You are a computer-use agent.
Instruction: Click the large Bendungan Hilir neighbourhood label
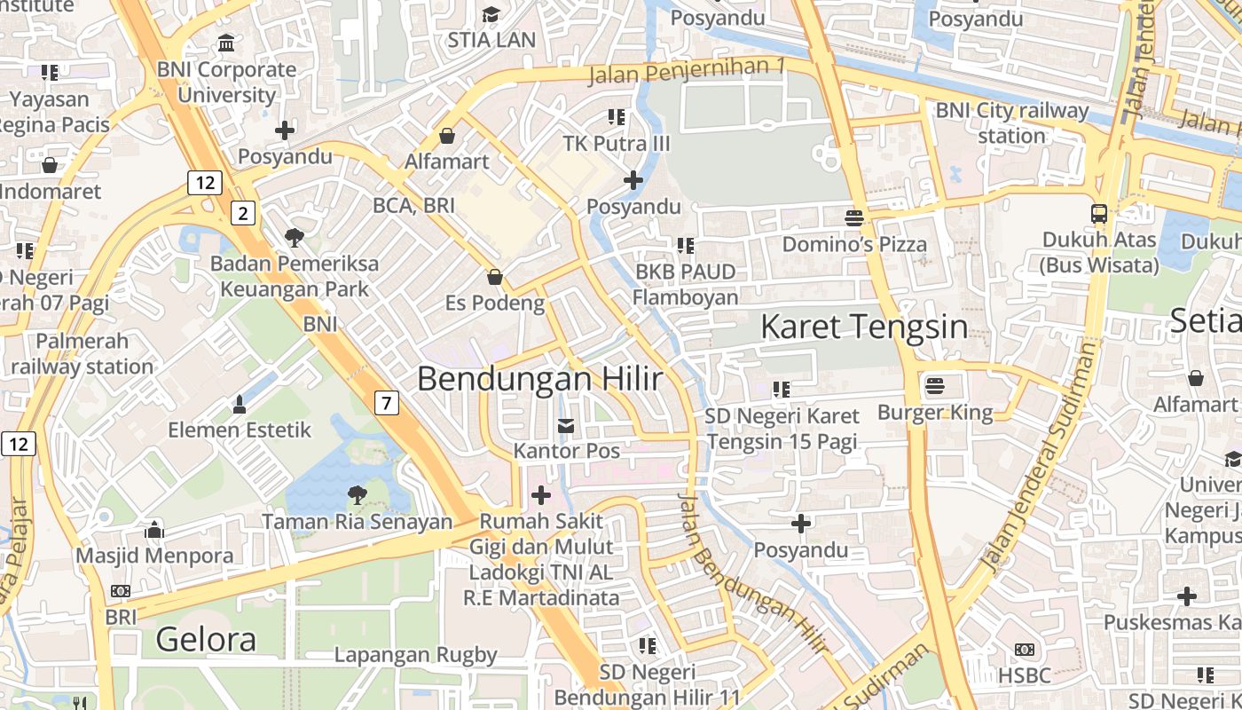coord(539,379)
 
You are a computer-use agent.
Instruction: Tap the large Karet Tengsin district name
coord(863,327)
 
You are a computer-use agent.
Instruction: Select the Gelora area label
coord(206,639)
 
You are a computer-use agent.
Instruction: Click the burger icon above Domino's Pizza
coord(854,217)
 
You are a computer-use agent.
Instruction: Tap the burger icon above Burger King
coord(934,386)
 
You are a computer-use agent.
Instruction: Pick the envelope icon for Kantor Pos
coord(566,426)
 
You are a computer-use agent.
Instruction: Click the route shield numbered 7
coord(386,403)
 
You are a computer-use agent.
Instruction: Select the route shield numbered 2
coord(243,212)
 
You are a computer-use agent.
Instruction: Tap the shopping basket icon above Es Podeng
coord(495,278)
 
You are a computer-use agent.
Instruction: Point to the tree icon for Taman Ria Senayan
coord(357,494)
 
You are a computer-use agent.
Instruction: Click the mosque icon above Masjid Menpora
coord(154,530)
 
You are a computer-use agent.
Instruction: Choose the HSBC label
coord(1024,675)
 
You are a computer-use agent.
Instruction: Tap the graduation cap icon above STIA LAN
coord(491,14)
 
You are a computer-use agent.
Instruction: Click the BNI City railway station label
coord(1012,123)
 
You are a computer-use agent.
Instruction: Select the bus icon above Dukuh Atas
coord(1099,213)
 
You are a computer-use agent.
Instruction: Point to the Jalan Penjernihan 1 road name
coord(687,70)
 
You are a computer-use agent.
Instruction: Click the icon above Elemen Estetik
coord(239,405)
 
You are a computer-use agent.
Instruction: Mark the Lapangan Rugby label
coord(415,655)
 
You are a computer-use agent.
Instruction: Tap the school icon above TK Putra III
coord(617,117)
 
